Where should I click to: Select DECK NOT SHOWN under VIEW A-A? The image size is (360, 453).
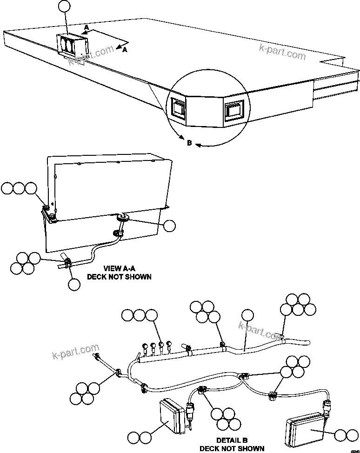pos(120,277)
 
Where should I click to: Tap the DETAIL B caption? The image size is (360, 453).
pos(232,440)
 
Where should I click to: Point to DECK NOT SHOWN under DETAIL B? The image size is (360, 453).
pos(232,448)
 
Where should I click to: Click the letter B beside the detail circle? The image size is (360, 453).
pos(189,143)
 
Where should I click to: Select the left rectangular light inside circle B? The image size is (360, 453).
pos(179,107)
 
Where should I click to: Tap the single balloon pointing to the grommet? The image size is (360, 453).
pos(170,226)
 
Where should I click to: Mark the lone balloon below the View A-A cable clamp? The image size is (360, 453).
pos(74,284)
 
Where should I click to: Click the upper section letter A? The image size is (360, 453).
pos(86,28)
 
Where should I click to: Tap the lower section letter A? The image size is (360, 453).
pos(125,51)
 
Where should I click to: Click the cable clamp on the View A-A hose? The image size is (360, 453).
pos(67,264)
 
